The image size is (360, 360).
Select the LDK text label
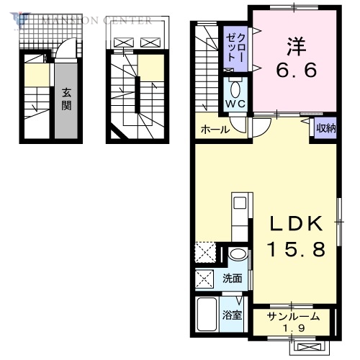[x=294, y=225]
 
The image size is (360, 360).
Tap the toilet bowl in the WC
[x=235, y=89]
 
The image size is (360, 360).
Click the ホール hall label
[x=215, y=130]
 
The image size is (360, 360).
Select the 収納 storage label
[x=325, y=129]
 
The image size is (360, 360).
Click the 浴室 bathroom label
[x=231, y=315]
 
